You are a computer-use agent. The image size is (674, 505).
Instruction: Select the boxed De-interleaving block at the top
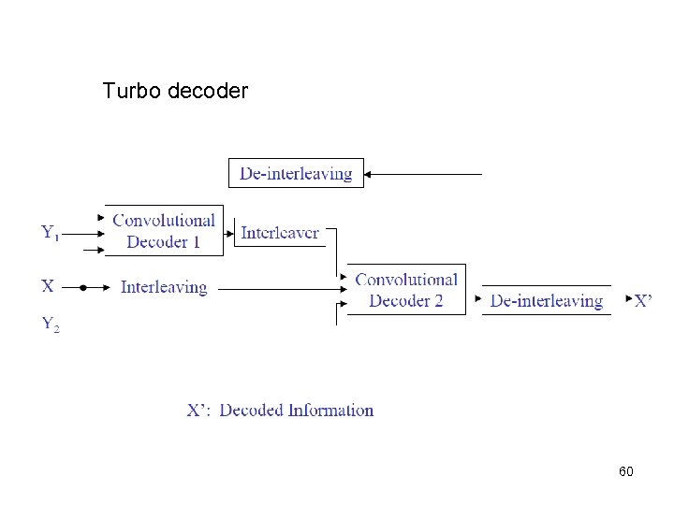point(296,173)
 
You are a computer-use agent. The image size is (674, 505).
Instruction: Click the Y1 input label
point(51,232)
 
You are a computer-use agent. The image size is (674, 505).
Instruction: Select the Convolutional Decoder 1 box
point(164,231)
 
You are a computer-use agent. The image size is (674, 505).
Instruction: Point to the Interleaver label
point(280,233)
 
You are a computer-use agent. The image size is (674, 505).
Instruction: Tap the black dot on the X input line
point(82,289)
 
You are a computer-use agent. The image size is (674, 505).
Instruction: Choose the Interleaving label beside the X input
point(164,287)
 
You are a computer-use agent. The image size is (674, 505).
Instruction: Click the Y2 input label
point(51,325)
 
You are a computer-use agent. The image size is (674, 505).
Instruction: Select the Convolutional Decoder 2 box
point(406,290)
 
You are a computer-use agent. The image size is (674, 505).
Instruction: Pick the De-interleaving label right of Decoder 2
point(546,300)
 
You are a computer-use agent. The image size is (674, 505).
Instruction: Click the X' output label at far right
point(643,300)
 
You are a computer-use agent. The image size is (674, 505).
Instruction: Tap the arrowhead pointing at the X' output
point(629,300)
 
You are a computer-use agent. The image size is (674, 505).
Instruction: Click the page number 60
point(625,471)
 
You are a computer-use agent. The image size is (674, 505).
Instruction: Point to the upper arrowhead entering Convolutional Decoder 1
point(101,218)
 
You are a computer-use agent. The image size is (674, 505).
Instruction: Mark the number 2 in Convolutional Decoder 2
point(437,300)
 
